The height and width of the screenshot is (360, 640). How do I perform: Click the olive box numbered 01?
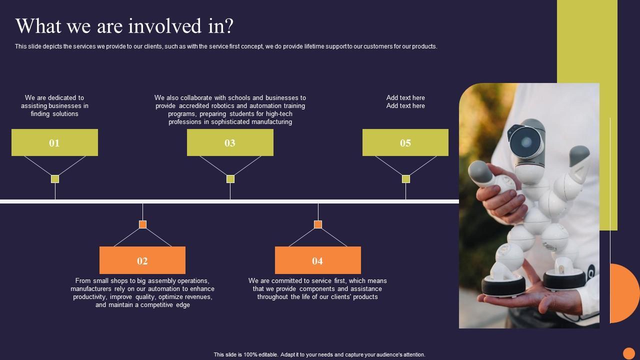coord(54,142)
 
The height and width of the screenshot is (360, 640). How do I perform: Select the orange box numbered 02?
coord(142,260)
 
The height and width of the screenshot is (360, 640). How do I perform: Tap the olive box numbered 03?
coord(230,142)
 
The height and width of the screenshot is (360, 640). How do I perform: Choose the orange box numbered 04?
coord(317,260)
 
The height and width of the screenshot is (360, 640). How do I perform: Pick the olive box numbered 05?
coord(405,142)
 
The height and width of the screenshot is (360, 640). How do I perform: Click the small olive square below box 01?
coord(55,179)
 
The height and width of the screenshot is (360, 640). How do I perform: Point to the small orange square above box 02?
coord(142,224)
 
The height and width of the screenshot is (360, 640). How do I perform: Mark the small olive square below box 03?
coord(230,179)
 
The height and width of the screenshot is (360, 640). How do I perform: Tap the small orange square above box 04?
coord(318,224)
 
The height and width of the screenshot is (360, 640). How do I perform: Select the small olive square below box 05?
coord(406,179)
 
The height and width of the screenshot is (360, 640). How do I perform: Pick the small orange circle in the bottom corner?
coord(629,353)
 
